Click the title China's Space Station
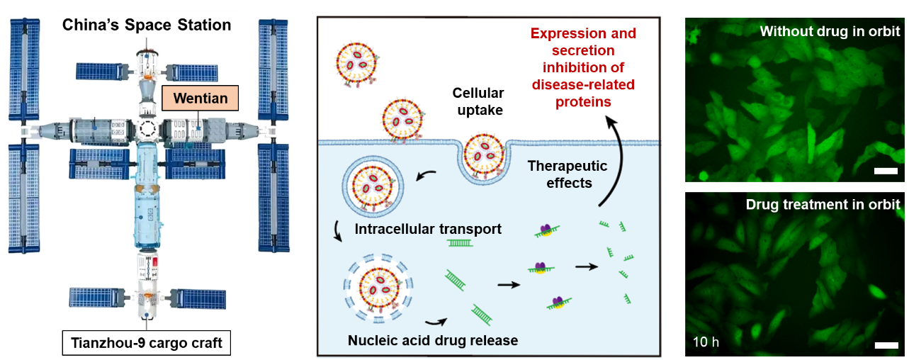pos(147,26)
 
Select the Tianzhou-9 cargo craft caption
pos(147,344)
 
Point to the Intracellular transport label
pos(428,230)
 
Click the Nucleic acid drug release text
pos(433,340)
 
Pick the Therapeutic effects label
pos(568,173)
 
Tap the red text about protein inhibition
pos(584,68)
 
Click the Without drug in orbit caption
pos(830,32)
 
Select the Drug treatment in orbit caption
pos(823,205)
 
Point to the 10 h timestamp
pos(706,342)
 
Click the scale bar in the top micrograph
pos(882,171)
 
